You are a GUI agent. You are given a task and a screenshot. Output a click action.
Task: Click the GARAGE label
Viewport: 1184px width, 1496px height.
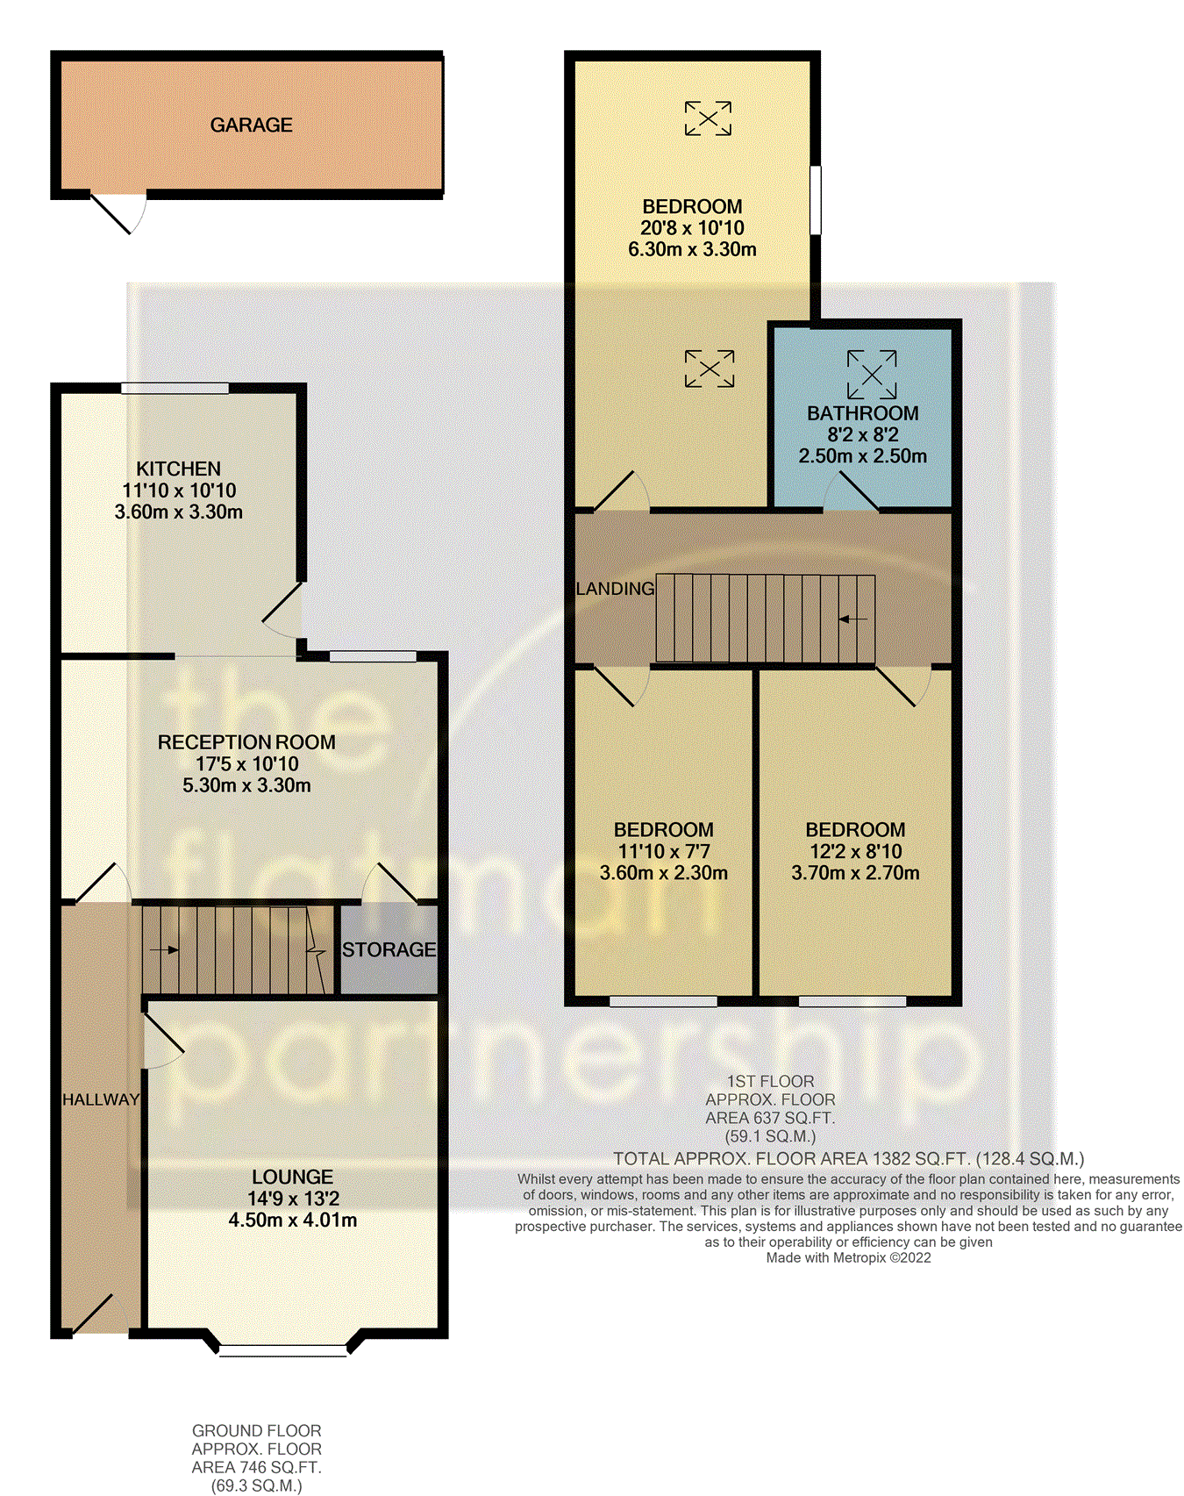click(251, 125)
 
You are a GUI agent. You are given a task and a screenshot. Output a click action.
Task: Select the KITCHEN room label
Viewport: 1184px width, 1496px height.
click(178, 469)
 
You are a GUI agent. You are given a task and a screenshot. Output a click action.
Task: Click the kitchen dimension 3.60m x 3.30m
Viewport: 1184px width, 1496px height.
click(178, 512)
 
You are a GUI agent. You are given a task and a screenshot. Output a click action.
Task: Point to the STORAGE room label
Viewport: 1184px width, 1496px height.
click(389, 949)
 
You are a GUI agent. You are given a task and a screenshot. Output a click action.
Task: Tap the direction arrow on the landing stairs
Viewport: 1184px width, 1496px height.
click(852, 619)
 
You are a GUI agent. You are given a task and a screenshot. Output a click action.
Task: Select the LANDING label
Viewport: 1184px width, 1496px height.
click(615, 589)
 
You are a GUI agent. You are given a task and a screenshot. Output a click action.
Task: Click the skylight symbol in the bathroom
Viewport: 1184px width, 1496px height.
click(871, 375)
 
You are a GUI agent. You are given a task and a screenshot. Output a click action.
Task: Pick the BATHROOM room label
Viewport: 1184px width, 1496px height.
click(862, 413)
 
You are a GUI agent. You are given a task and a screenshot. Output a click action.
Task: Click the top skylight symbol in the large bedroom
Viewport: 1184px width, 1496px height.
click(708, 118)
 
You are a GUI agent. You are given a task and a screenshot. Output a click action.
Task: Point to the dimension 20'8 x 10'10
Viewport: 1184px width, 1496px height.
click(692, 228)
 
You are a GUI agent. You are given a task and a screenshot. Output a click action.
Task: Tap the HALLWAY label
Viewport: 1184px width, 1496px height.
click(100, 1099)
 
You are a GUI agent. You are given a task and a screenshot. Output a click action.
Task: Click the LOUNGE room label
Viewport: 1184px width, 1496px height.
click(292, 1177)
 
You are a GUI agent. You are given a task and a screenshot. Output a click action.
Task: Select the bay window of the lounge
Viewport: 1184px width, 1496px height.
click(283, 1350)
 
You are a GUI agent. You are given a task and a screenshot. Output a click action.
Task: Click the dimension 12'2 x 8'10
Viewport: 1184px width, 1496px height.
click(855, 851)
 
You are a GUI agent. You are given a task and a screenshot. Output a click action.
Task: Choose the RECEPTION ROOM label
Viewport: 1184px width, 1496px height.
click(246, 742)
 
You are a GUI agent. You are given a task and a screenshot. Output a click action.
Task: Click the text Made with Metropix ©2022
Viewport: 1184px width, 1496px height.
click(848, 1258)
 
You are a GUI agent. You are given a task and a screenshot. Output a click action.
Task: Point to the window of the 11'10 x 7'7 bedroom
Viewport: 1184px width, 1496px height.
click(663, 1001)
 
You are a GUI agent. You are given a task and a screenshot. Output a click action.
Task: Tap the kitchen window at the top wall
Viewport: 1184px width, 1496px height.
click(175, 388)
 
